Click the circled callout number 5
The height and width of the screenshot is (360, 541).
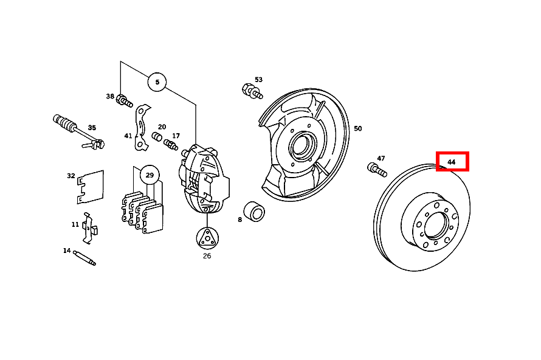click(x=157, y=81)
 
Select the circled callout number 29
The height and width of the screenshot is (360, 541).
click(x=149, y=176)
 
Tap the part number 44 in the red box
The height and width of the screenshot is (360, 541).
click(x=452, y=162)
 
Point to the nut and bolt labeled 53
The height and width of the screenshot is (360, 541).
click(x=252, y=91)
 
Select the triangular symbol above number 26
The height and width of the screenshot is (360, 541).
click(x=207, y=238)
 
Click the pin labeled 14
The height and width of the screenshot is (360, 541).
click(x=84, y=258)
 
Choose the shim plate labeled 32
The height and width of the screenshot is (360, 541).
click(x=91, y=185)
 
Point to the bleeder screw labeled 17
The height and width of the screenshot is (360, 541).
click(x=171, y=145)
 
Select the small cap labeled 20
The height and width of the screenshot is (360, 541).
click(x=157, y=137)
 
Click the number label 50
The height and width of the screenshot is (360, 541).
click(x=357, y=128)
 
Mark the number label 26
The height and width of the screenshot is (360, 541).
click(x=207, y=256)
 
